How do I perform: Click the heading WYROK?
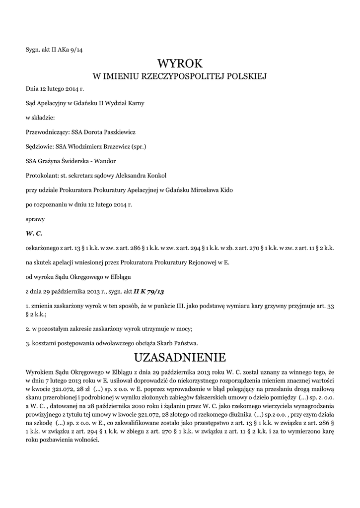180,63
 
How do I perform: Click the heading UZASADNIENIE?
180,357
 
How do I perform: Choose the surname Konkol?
155,175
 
